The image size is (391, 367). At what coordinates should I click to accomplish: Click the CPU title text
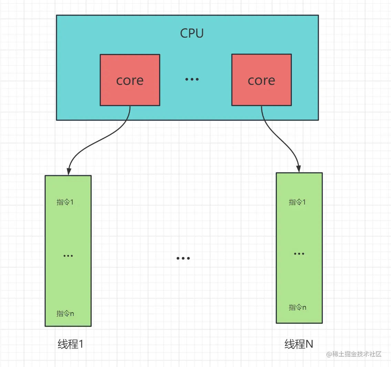pyautogui.click(x=192, y=33)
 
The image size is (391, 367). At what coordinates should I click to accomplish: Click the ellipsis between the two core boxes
pyautogui.click(x=192, y=79)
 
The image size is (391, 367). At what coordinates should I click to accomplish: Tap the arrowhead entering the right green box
pyautogui.click(x=299, y=169)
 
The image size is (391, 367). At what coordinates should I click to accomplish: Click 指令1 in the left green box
pyautogui.click(x=65, y=202)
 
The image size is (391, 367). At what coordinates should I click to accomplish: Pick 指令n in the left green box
pyautogui.click(x=65, y=314)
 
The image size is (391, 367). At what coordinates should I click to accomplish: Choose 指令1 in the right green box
pyautogui.click(x=297, y=202)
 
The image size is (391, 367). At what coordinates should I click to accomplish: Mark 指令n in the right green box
pyautogui.click(x=297, y=307)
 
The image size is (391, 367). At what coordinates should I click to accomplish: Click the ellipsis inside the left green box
pyautogui.click(x=68, y=256)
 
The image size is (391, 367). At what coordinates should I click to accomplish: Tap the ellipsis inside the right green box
pyautogui.click(x=299, y=254)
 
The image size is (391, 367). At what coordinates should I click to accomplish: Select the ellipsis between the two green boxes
pyautogui.click(x=183, y=258)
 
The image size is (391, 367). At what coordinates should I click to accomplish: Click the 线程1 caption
pyautogui.click(x=71, y=344)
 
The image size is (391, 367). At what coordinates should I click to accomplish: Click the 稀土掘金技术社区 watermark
pyautogui.click(x=354, y=354)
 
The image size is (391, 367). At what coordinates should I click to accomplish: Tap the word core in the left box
pyautogui.click(x=130, y=81)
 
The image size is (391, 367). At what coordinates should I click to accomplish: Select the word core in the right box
pyautogui.click(x=261, y=81)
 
